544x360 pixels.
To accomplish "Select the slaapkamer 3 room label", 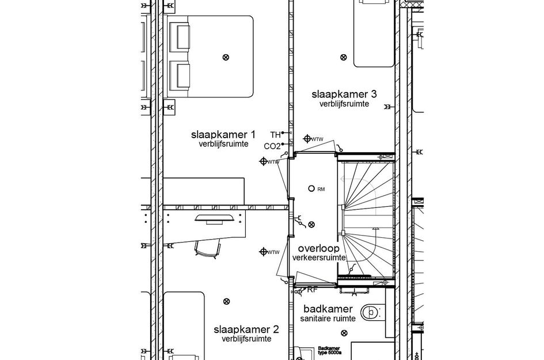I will click(344, 94).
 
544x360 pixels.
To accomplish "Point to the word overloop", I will click(318, 248).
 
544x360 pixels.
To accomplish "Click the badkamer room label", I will click(328, 309).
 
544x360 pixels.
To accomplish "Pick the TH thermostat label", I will click(275, 135).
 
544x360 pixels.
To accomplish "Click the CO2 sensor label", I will click(272, 146).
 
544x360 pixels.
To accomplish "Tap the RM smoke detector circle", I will click(311, 188).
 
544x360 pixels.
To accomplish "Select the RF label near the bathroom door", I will click(313, 290).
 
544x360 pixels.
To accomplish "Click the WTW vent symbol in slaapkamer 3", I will click(307, 139).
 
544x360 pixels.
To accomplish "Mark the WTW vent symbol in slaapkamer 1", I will click(263, 161).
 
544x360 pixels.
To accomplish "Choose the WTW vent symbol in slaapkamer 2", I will click(264, 251).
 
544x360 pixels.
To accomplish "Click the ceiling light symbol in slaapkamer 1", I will click(226, 56).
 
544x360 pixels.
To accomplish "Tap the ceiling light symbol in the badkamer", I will click(344, 332).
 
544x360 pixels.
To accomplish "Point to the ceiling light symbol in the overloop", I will click(311, 224).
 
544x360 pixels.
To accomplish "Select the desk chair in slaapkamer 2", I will click(207, 248).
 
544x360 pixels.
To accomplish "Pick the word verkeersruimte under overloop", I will click(318, 258).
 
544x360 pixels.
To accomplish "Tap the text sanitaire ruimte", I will click(328, 318).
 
